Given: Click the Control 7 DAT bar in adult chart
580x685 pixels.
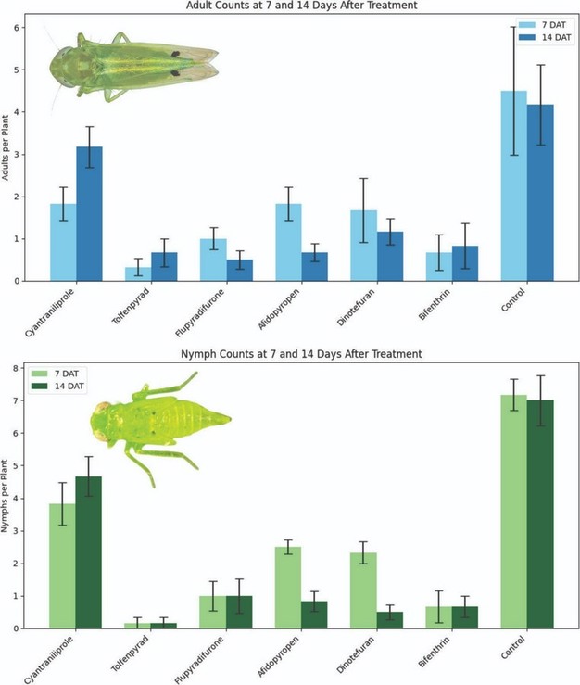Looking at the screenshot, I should click(513, 185).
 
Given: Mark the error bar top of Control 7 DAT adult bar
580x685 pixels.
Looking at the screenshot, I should click(513, 27).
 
